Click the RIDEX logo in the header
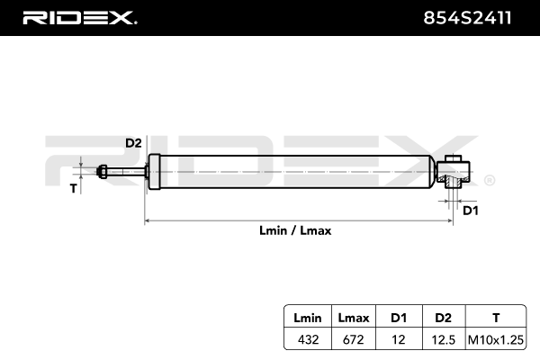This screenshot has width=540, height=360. click(80, 18)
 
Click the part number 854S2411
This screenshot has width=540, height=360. click(467, 18)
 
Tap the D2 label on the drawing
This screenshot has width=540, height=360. click(133, 143)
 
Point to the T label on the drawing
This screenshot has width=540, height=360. click(73, 188)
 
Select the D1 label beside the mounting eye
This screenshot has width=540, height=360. click(471, 211)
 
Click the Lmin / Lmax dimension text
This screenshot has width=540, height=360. click(295, 230)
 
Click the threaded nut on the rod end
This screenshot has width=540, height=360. click(102, 172)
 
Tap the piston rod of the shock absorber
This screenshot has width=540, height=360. click(126, 172)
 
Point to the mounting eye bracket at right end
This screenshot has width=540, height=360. click(454, 172)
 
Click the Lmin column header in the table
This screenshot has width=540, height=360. click(308, 318)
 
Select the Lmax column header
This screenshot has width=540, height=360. click(354, 318)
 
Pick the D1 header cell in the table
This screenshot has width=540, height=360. click(399, 318)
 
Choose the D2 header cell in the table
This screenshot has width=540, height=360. click(443, 318)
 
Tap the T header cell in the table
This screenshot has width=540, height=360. click(496, 318)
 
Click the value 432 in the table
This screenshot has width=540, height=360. click(308, 339)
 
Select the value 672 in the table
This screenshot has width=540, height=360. click(354, 339)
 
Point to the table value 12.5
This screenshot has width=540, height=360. click(443, 339)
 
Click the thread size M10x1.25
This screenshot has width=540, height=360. click(496, 339)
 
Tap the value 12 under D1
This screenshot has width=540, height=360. click(399, 339)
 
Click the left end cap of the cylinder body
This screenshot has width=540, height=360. click(154, 172)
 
